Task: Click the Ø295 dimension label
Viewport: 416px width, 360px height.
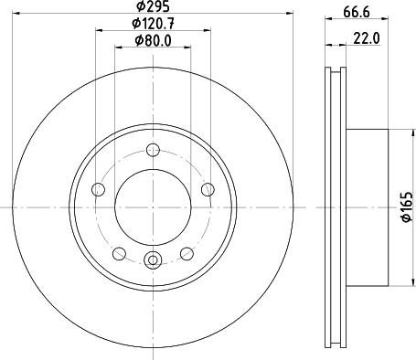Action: pos(153,6)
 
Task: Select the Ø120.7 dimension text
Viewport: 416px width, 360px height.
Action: pos(153,24)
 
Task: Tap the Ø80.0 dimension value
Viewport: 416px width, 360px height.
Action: pos(153,40)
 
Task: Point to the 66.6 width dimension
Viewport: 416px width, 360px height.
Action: pos(357,13)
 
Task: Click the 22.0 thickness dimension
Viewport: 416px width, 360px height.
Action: pos(367,38)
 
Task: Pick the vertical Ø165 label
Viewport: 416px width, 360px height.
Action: pos(407,207)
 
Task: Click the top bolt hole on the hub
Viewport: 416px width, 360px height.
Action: pos(153,150)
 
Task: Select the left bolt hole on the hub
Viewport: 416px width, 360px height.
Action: pos(98,190)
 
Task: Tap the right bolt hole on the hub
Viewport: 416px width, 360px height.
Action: pos(208,189)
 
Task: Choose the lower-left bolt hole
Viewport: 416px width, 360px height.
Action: pos(119,254)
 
